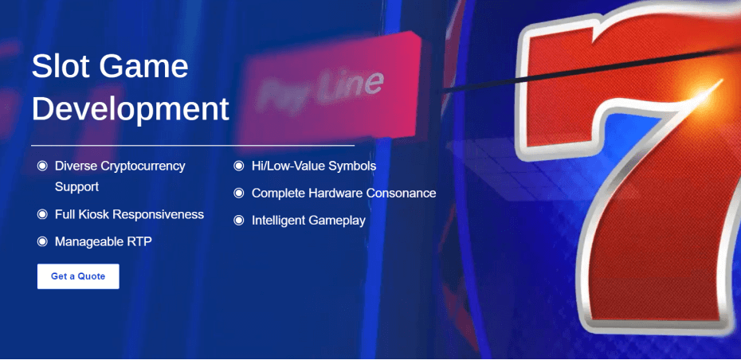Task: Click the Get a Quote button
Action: (78, 276)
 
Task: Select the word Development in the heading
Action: (131, 110)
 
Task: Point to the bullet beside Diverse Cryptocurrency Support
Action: (42, 166)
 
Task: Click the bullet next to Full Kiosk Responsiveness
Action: (42, 214)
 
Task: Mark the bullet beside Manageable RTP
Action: (42, 242)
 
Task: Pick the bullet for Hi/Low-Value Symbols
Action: (239, 166)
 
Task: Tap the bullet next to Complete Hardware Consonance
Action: (239, 194)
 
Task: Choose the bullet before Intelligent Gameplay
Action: (239, 220)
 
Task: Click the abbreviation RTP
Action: (139, 242)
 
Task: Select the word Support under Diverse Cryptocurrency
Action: (76, 187)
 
